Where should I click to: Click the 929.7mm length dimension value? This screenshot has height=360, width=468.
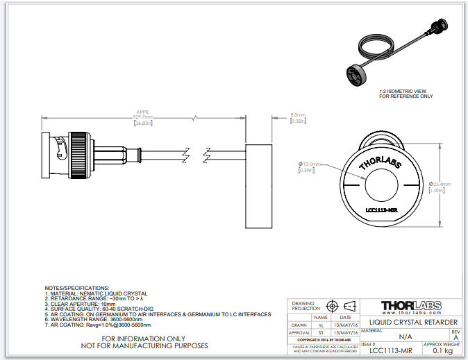click(143, 117)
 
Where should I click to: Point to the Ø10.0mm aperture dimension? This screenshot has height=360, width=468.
click(310, 164)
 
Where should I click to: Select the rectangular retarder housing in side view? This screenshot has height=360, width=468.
click(261, 186)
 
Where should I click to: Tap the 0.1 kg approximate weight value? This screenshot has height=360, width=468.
click(444, 350)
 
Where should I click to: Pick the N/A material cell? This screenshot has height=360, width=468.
click(405, 336)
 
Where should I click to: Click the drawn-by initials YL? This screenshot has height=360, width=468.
click(321, 324)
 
